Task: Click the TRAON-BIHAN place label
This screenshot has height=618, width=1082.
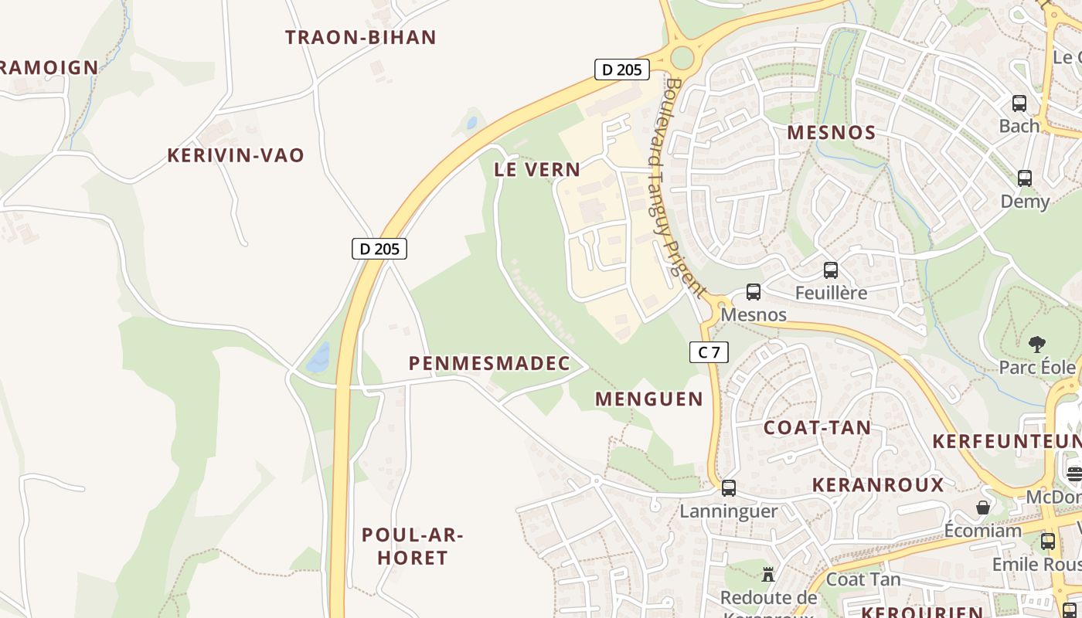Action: coord(361,37)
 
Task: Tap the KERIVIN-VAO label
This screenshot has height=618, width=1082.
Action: coord(236,155)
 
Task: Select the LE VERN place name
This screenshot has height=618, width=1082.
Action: coord(537,170)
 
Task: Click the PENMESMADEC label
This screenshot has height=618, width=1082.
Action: coord(489,363)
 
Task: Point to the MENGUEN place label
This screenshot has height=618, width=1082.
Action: coord(649,399)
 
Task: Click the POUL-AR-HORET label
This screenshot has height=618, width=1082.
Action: coord(412,546)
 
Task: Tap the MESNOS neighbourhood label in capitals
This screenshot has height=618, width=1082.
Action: coord(832,133)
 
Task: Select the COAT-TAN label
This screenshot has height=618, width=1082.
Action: coord(817,428)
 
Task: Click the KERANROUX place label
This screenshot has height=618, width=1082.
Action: coord(878,485)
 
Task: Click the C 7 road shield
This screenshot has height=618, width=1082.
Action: coord(709,353)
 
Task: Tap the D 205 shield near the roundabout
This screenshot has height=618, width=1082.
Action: coord(621,70)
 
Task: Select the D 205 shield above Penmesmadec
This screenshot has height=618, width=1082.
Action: coord(379,249)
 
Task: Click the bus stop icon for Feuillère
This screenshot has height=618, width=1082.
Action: coord(831,270)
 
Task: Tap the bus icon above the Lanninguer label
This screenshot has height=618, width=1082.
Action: coord(728,488)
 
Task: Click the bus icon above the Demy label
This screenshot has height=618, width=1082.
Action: coord(1025,178)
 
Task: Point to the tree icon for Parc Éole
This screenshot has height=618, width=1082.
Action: coord(1037,344)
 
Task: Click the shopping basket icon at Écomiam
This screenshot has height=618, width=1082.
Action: coord(982,508)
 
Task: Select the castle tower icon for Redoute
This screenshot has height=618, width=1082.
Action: coord(768,574)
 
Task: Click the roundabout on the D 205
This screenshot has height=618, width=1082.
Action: coord(682,57)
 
